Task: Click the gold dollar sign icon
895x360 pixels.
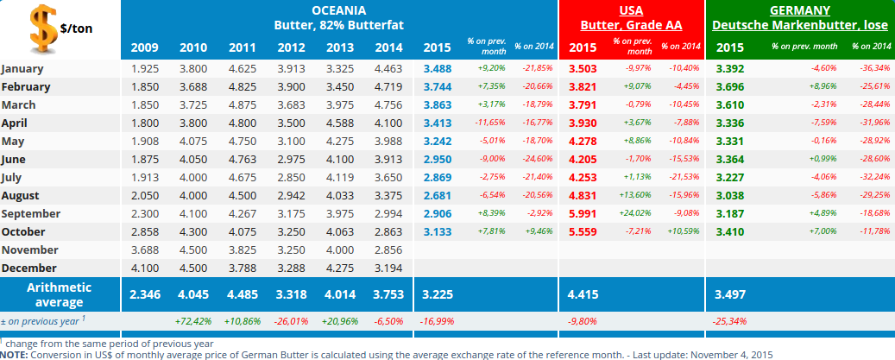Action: (40, 27)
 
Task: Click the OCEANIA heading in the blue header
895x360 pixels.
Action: (338, 10)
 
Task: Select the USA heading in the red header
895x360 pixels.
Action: (631, 10)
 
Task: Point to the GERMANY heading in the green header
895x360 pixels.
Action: (799, 10)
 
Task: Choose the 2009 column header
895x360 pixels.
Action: (144, 47)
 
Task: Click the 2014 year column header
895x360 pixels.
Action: (388, 47)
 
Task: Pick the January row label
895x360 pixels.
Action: (23, 68)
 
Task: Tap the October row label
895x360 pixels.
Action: (25, 231)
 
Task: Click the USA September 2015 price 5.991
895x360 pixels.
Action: (583, 213)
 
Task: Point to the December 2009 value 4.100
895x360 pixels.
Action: (144, 268)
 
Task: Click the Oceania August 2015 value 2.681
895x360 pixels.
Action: (438, 195)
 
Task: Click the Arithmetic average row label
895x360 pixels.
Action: (59, 294)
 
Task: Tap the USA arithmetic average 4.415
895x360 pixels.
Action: (583, 294)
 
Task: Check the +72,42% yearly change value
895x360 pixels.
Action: (192, 321)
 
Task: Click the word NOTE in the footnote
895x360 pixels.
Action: (14, 354)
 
